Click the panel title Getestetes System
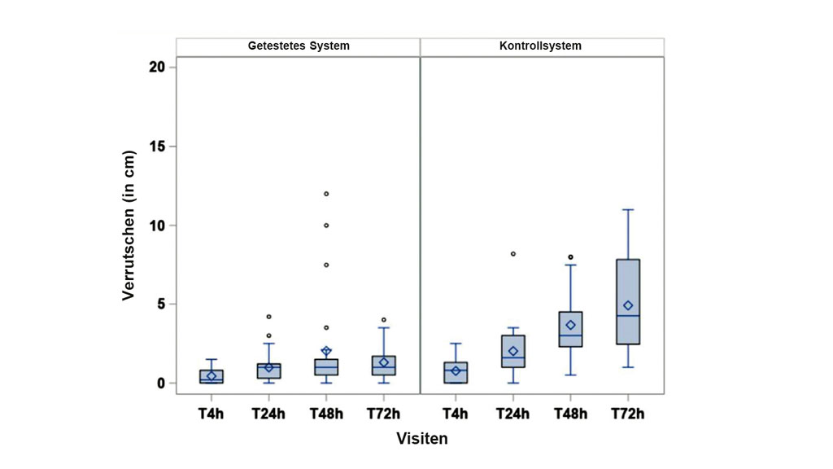tap(299, 46)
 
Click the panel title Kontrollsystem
tap(540, 46)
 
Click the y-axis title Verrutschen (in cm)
tap(129, 226)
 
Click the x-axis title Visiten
tap(421, 439)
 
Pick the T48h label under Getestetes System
tap(326, 414)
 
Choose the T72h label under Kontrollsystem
tap(627, 414)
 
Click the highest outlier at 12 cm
tap(326, 194)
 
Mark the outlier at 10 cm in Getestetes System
tap(326, 226)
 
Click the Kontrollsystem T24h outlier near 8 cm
tap(513, 254)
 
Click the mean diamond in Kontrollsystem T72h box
tap(627, 305)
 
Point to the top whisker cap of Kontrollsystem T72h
tap(627, 209)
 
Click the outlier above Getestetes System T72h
tap(383, 320)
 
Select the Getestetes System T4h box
tap(212, 376)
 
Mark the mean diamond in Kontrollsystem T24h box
tap(513, 351)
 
